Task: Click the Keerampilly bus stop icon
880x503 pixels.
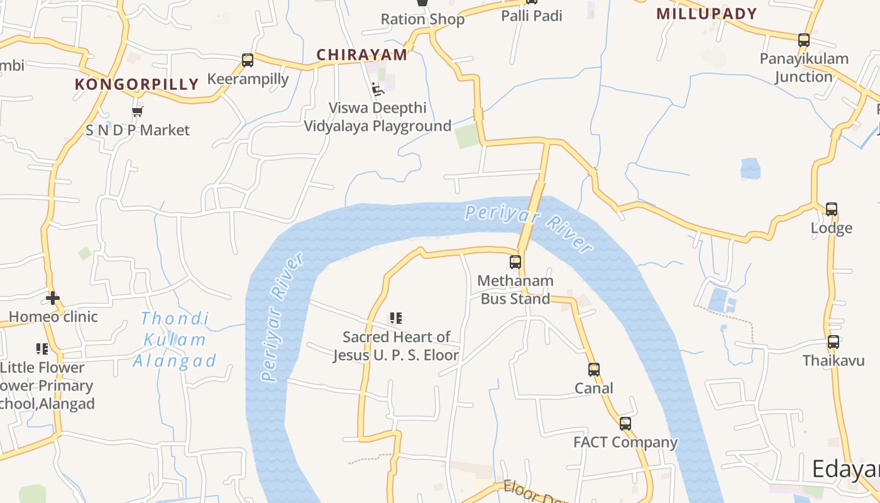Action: pos(248,60)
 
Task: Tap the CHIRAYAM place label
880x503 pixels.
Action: pos(362,55)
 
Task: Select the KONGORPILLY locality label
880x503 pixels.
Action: pos(137,84)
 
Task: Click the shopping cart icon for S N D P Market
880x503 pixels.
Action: pos(138,112)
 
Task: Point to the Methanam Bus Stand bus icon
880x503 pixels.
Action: pos(515,262)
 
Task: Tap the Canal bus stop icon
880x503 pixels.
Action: pos(594,370)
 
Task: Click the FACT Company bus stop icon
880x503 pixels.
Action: pos(625,424)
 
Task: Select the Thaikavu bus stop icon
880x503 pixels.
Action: pos(833,343)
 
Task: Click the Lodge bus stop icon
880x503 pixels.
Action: pos(832,209)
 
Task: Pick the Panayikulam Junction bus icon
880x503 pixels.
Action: pos(803,40)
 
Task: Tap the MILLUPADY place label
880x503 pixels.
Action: pos(707,14)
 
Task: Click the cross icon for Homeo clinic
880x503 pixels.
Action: pos(53,297)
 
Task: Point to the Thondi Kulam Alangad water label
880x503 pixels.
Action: pos(174,340)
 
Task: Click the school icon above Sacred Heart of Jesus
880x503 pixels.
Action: pos(395,318)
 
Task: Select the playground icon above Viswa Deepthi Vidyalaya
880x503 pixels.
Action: pos(377,89)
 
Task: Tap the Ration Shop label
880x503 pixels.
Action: pos(422,19)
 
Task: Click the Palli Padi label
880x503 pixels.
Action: pos(532,16)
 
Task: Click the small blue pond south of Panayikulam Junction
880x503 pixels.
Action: pos(751,168)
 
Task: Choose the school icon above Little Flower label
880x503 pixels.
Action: pos(42,348)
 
